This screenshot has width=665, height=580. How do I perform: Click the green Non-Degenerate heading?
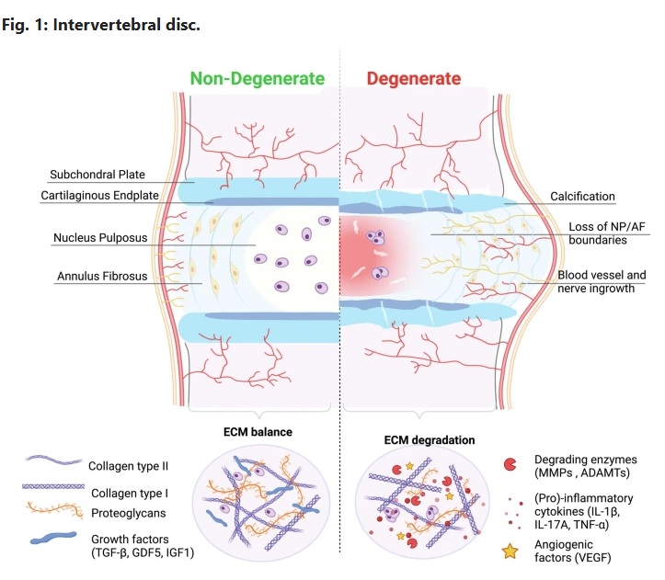[x=258, y=79]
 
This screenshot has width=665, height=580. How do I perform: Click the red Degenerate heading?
[x=413, y=79]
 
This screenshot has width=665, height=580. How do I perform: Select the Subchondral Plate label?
[x=98, y=175]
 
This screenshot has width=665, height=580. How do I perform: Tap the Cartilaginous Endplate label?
[x=99, y=196]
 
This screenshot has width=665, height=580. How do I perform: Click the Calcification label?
[x=582, y=196]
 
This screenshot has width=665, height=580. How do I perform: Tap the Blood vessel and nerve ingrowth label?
[x=602, y=281]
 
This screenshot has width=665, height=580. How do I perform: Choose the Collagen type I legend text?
[x=134, y=487]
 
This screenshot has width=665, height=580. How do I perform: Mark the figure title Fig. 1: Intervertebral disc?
[x=100, y=24]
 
